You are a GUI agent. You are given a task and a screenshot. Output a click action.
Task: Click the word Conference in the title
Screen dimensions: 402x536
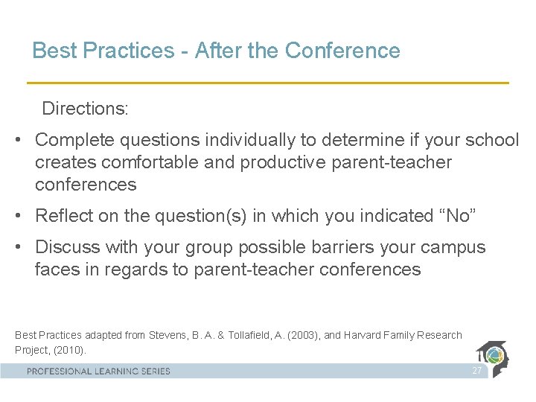(342, 51)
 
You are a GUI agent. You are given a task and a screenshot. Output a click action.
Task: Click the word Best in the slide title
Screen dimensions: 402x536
(51, 51)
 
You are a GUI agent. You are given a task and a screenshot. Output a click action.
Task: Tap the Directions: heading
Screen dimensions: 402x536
(85, 109)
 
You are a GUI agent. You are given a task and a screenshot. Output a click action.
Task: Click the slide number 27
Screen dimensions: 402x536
(476, 371)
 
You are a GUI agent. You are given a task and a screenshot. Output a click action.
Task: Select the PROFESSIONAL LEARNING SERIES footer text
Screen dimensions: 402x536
(98, 371)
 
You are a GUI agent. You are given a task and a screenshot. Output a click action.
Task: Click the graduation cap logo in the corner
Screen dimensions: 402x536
(496, 357)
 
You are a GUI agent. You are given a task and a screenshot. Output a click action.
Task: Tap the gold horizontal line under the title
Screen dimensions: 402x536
(268, 82)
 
